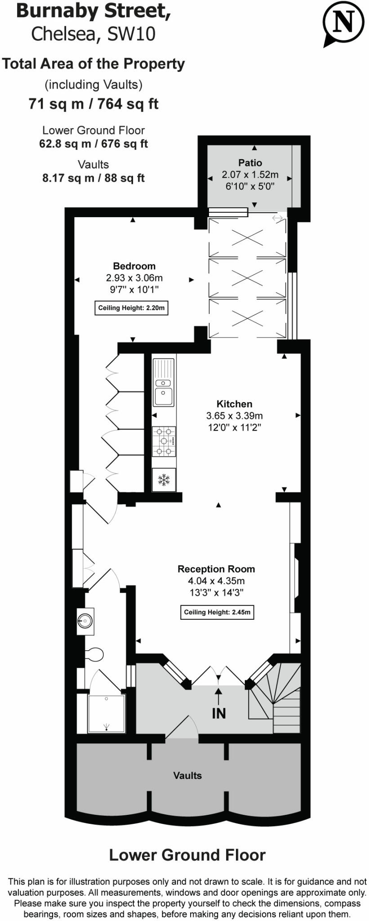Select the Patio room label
pos(250,163)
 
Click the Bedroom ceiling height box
pos(131,308)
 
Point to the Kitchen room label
pos(234,404)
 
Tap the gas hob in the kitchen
pos(164,441)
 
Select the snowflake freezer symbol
pos(164,480)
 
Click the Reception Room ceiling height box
pos(217,612)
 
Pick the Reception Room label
pos(216,569)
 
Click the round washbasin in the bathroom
pos(85,621)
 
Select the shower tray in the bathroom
pos(107,713)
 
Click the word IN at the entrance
pos(218,713)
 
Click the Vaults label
pos(187,775)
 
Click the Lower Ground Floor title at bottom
pos(187,855)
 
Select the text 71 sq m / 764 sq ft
pos(93,104)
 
